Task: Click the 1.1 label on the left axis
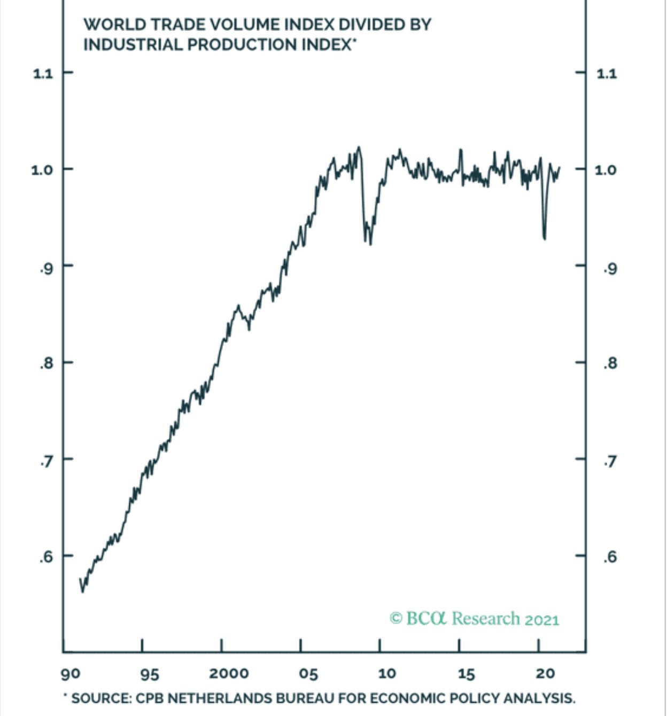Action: click(43, 73)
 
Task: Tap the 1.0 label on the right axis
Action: click(606, 169)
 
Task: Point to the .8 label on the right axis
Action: click(609, 364)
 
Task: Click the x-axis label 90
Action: click(71, 674)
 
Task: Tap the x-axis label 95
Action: click(149, 674)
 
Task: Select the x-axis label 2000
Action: click(228, 674)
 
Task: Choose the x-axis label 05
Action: click(308, 674)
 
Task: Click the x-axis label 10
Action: click(386, 674)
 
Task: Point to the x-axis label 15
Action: click(466, 674)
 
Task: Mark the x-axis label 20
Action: click(545, 674)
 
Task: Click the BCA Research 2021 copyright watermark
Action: click(475, 619)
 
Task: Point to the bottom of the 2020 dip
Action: click(545, 239)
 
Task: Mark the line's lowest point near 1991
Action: click(82, 592)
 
